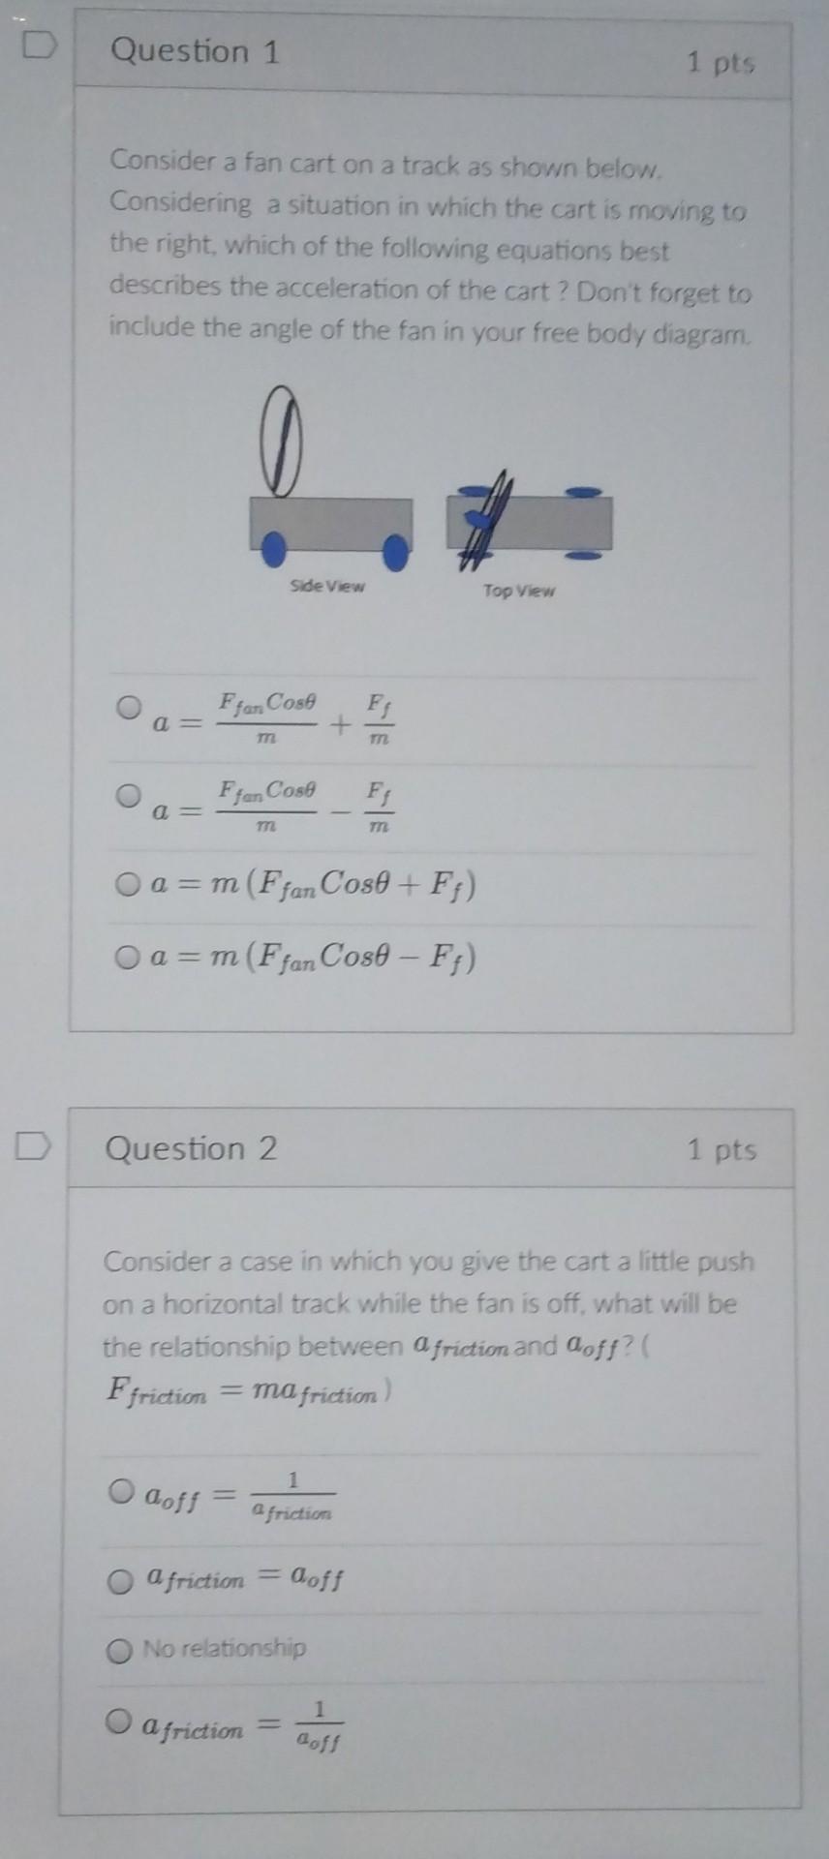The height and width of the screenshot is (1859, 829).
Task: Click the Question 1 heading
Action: [195, 51]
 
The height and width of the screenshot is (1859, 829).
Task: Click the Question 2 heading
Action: [191, 1148]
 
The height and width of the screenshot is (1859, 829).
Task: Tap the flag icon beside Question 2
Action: [32, 1146]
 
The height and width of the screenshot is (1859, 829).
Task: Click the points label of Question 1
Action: [721, 63]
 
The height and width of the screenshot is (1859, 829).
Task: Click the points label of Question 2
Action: [722, 1150]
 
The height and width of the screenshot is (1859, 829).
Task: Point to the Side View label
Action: [327, 586]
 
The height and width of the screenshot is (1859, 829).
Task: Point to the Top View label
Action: [519, 591]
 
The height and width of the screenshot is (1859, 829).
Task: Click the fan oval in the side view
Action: [281, 442]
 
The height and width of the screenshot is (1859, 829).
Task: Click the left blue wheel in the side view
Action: [275, 549]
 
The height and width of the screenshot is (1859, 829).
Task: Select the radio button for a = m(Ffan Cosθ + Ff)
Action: [127, 884]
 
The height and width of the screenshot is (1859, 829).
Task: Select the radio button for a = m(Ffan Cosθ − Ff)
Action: [127, 958]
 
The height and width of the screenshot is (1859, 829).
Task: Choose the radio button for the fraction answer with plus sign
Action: [129, 707]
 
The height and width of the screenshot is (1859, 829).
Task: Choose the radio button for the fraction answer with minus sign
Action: [129, 796]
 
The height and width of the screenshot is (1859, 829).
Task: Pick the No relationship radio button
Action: [119, 1650]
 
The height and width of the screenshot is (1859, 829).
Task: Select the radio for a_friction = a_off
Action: [120, 1581]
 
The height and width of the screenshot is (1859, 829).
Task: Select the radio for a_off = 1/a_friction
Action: [121, 1491]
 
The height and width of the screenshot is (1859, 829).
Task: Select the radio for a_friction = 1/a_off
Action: [119, 1721]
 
